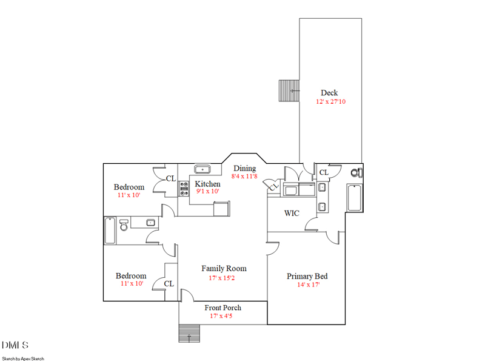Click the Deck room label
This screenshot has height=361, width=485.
[x=329, y=93]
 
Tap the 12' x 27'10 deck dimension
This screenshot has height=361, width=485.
[x=330, y=101]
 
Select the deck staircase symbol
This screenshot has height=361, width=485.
[x=289, y=91]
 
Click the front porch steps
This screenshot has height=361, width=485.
[x=189, y=334]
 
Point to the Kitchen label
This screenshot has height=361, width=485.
[x=207, y=184]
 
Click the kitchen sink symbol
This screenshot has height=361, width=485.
[x=202, y=169]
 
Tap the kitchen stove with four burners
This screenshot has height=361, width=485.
[x=184, y=189]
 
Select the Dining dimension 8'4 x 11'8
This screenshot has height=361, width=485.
[x=244, y=176]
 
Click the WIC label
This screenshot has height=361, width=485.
[x=292, y=213]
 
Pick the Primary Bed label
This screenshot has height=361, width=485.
[x=307, y=276]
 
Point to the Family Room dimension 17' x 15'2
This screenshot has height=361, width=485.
[x=222, y=278]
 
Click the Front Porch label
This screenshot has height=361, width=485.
[x=222, y=308]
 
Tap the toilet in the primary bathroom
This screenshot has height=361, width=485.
[x=356, y=172]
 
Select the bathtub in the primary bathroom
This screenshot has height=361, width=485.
[x=355, y=198]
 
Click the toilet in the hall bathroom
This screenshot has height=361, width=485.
[x=124, y=225]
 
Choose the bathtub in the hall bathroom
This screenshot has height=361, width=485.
[x=110, y=231]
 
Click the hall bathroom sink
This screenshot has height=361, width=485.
[x=150, y=222]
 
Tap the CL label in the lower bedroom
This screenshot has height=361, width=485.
[x=169, y=283]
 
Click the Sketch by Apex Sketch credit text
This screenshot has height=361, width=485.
[x=23, y=359]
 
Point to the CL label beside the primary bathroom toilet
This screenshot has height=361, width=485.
[x=324, y=172]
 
